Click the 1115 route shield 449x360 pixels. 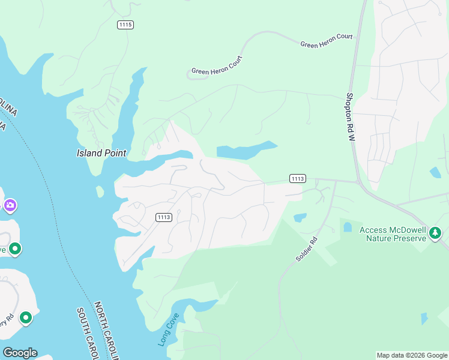coord(125,25)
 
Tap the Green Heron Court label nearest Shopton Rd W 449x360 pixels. coord(326,41)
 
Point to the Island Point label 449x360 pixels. coord(101,153)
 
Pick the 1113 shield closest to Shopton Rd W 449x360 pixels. coord(297,178)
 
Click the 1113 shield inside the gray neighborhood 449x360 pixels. coord(164,217)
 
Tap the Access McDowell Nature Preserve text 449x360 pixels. coord(393,234)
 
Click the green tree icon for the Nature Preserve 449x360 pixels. coord(435,233)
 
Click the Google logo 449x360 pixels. coord(20,353)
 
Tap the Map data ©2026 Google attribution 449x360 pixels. coord(411,355)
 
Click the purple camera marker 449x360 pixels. coord(10,206)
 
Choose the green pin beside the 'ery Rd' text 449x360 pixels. coord(26,317)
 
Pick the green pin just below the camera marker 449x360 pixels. coord(14,248)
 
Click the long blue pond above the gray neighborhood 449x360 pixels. coord(246,151)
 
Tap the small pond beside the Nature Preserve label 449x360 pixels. coord(347,227)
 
